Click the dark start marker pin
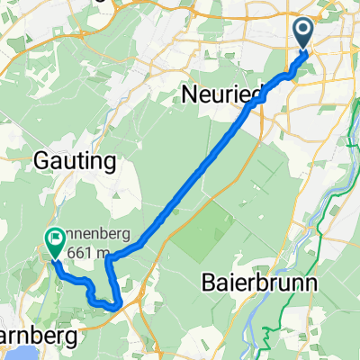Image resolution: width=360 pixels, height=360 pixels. (301, 35)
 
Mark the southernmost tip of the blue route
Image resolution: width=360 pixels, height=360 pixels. (112, 308)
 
